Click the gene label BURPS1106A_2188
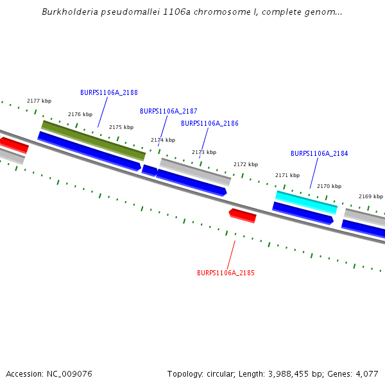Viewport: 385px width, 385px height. [109, 92]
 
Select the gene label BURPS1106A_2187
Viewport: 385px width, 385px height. [169, 111]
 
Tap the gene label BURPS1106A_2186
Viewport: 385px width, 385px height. [210, 123]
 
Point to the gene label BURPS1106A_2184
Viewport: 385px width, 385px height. [320, 153]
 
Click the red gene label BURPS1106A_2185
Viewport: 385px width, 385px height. [226, 273]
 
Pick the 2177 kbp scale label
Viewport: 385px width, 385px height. [39, 101]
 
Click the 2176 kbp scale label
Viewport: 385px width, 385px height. [80, 114]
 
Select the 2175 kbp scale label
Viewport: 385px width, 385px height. [121, 127]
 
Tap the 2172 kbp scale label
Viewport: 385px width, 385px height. [246, 164]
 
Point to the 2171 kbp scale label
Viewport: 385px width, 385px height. [287, 175]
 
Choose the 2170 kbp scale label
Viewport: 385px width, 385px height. [329, 186]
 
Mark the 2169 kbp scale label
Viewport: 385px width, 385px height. [371, 196]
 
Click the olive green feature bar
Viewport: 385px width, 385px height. [93, 140]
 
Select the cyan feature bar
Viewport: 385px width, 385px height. [306, 202]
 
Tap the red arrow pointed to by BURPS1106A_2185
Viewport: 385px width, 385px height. [243, 215]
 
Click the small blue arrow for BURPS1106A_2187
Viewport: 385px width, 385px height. [150, 170]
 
